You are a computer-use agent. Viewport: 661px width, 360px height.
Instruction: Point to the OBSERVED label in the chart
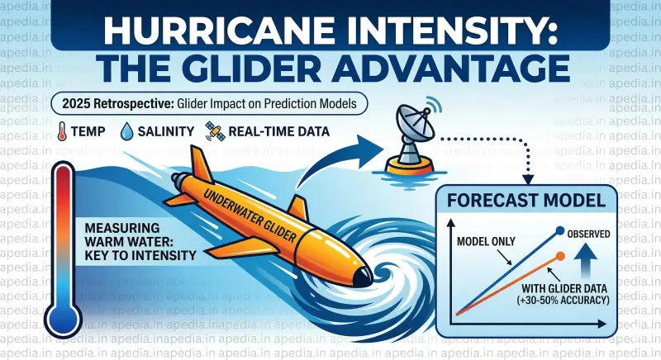click(x=588, y=234)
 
